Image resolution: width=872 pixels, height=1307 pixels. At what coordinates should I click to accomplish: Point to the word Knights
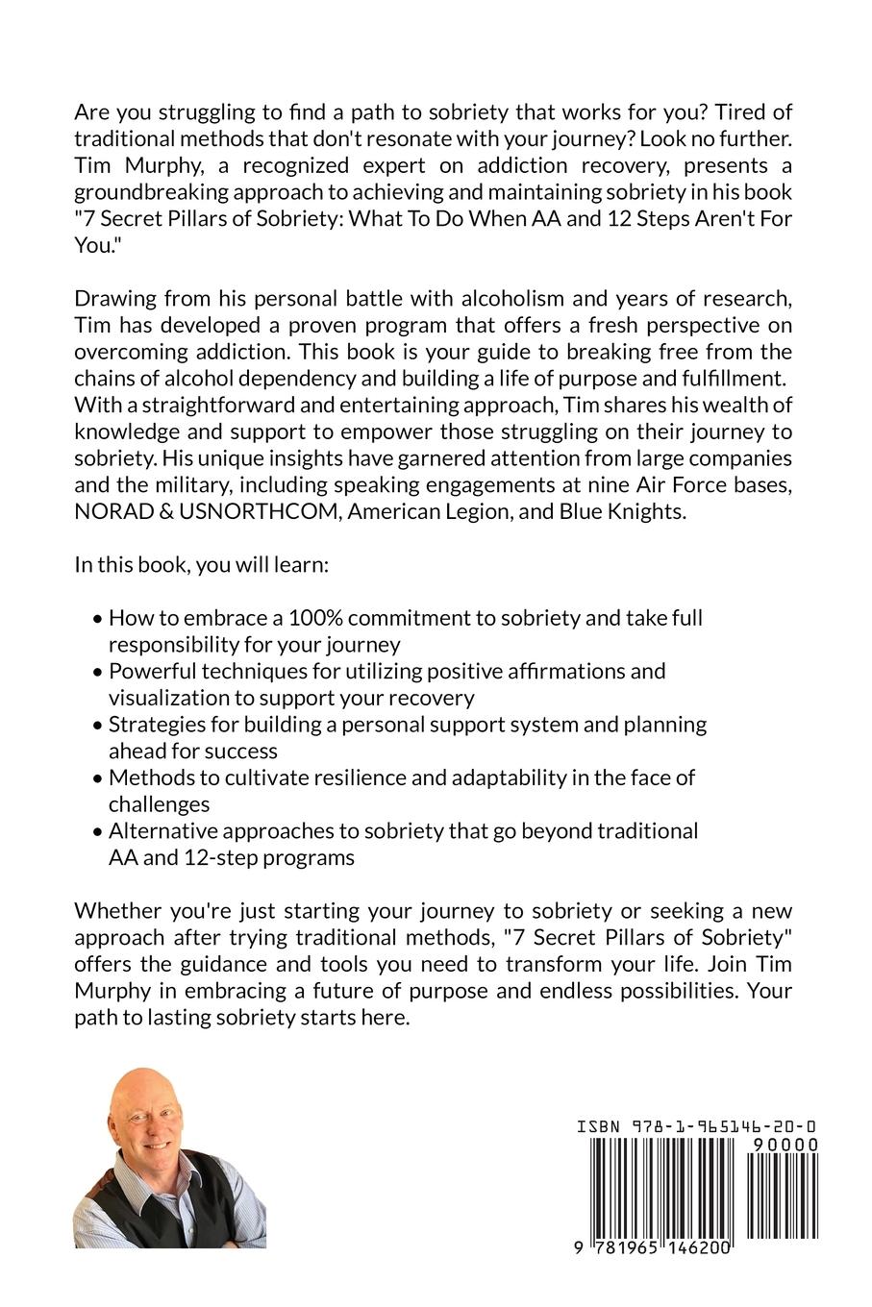645,511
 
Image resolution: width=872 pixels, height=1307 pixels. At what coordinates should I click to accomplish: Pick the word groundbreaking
144,192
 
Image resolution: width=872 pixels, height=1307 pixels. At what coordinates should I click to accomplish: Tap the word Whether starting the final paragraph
116,909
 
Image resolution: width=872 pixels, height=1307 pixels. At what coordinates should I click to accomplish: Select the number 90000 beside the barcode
785,1145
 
